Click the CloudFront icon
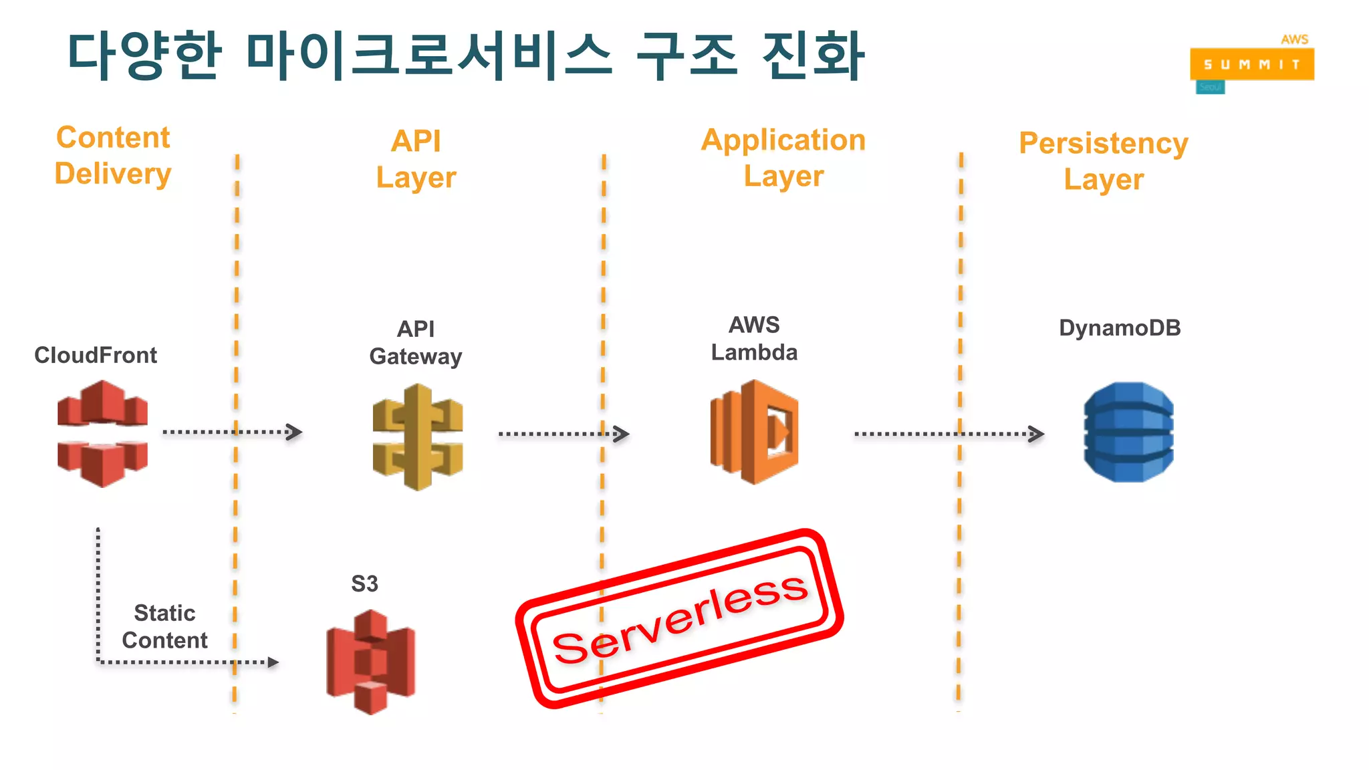[102, 433]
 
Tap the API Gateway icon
[418, 437]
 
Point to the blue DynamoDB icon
[1128, 432]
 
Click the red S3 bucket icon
[370, 662]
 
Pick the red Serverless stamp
[678, 618]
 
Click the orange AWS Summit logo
[1251, 64]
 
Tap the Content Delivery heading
[113, 156]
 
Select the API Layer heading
[416, 159]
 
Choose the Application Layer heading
[783, 158]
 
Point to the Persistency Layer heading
[1104, 161]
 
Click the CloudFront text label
[96, 355]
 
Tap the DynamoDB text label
[1120, 328]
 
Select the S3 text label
[365, 584]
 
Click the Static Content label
[164, 626]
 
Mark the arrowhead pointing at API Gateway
[294, 432]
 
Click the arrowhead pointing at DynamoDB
[1036, 434]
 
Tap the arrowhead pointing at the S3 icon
[273, 662]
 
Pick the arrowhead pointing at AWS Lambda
[622, 434]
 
